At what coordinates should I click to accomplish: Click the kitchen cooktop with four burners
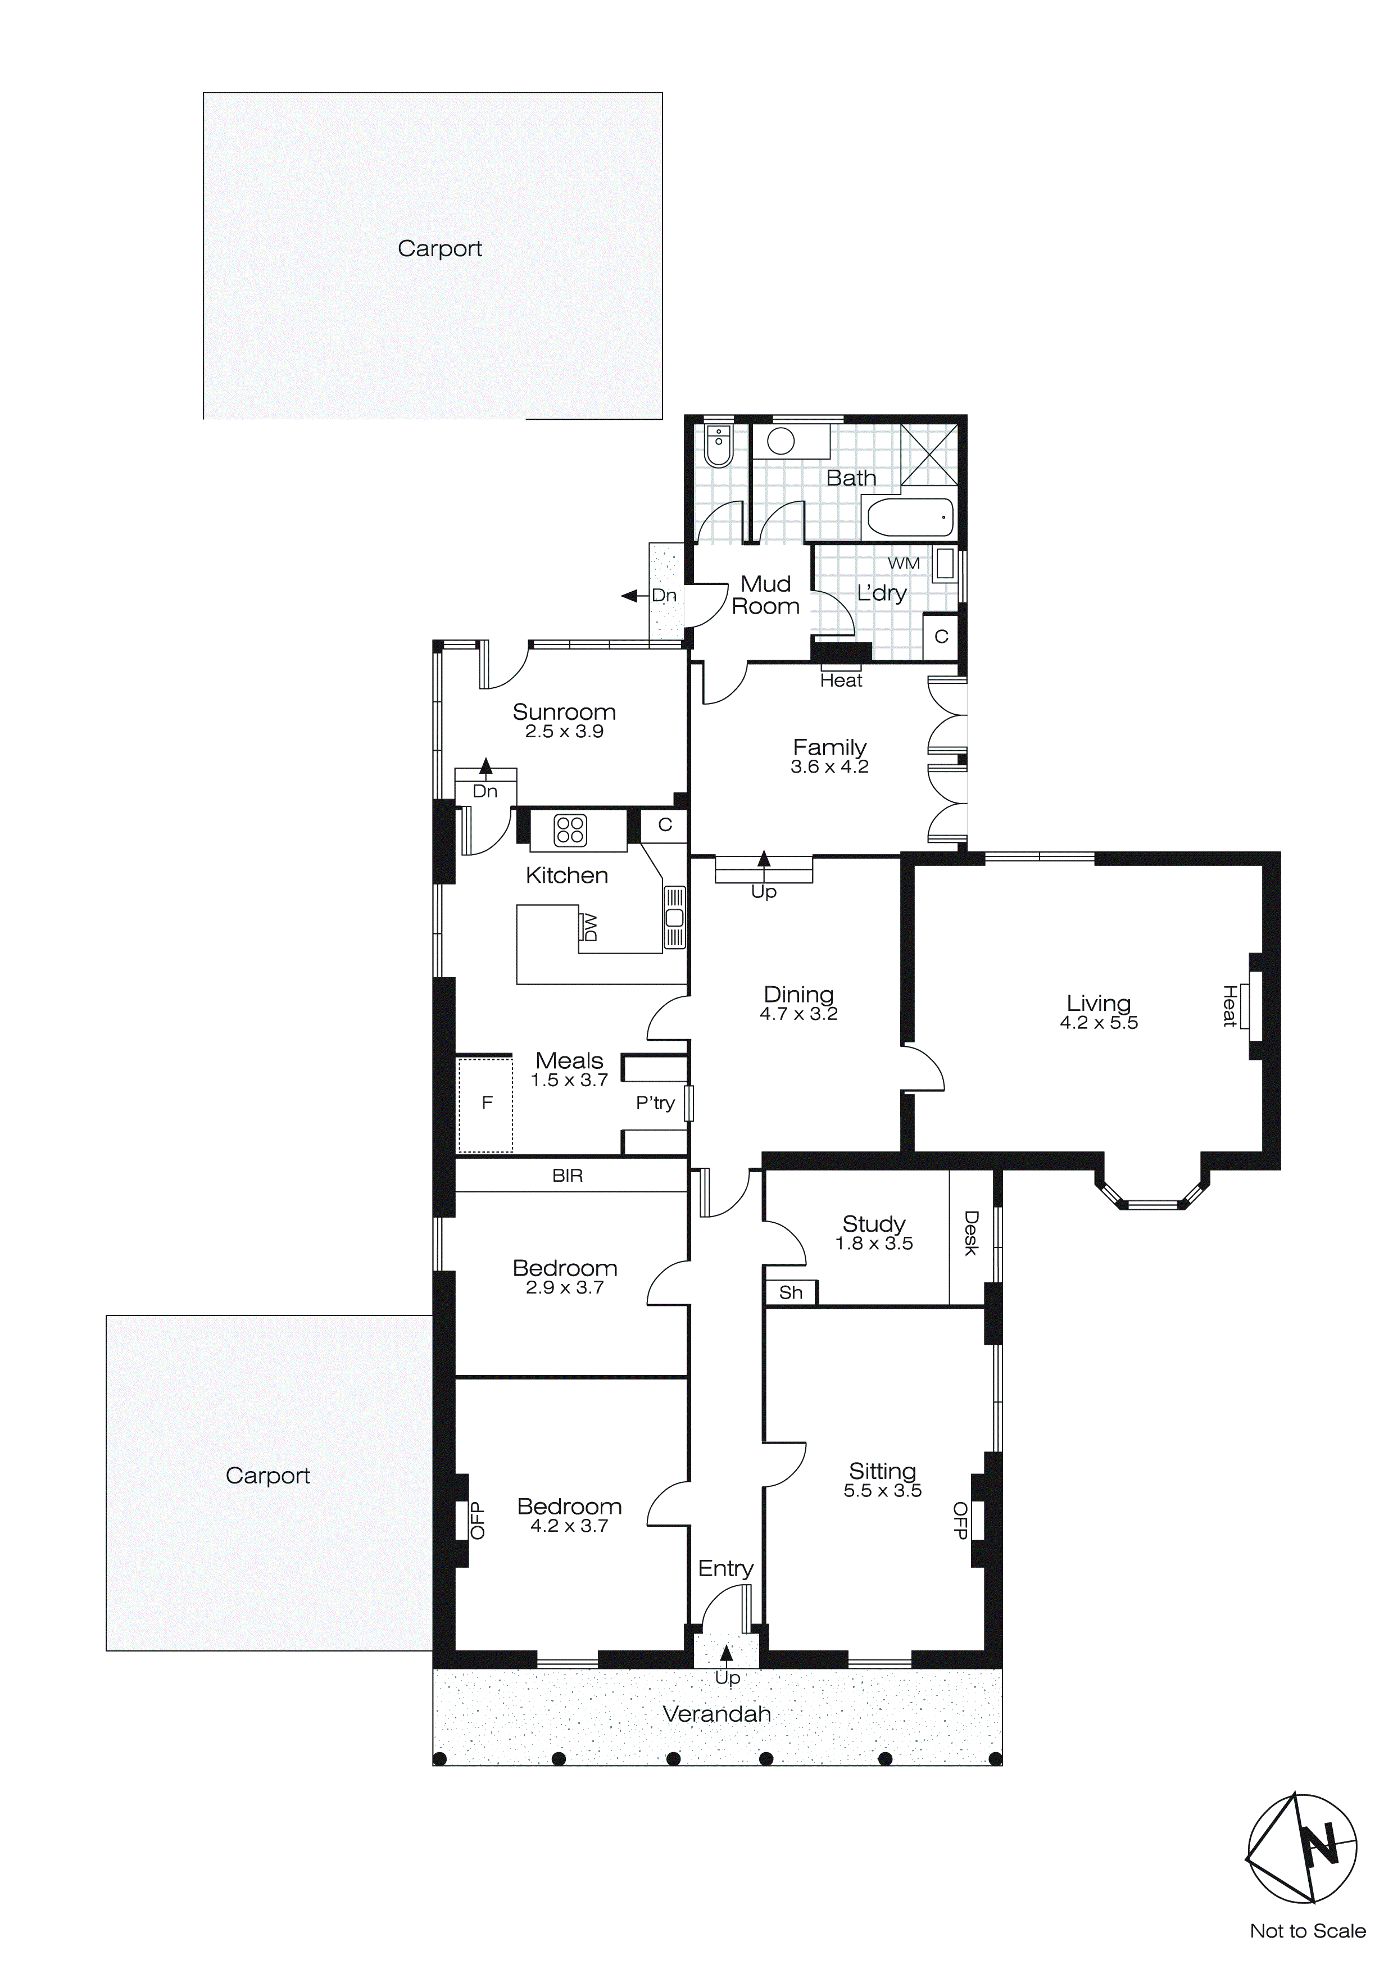tap(570, 830)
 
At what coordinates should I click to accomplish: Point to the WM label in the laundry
tap(904, 564)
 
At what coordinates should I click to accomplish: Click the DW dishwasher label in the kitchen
tap(589, 927)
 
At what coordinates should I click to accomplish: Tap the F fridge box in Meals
tap(487, 1104)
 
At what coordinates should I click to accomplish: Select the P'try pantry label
tap(655, 1103)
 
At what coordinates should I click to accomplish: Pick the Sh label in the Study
tap(790, 1292)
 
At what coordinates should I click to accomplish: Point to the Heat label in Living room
tap(1229, 1006)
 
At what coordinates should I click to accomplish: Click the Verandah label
tap(716, 1714)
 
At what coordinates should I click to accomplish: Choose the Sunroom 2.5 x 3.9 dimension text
tap(564, 732)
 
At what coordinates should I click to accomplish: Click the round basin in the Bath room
tap(781, 442)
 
